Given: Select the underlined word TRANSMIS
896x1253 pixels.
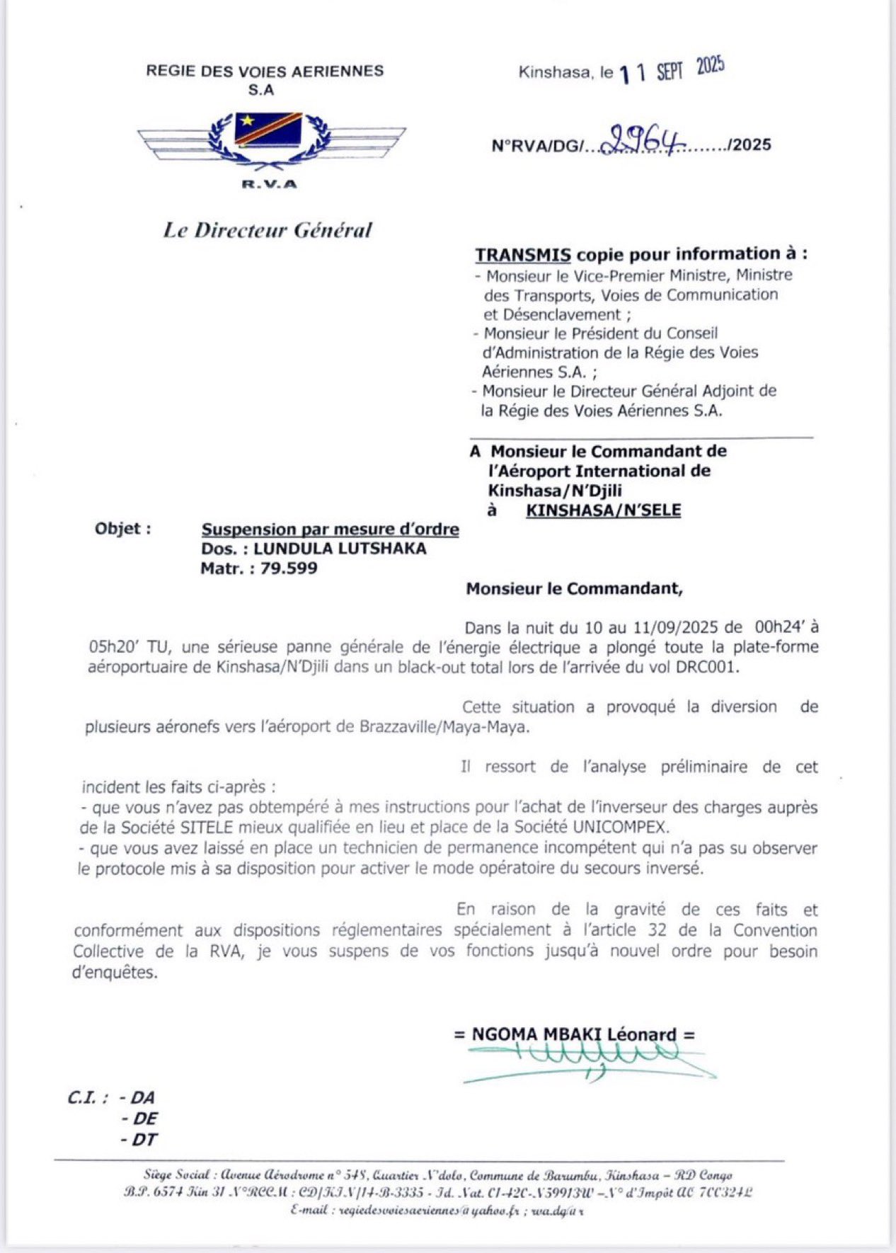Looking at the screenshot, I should pos(523,255).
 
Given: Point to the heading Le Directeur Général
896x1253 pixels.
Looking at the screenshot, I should pos(268,230).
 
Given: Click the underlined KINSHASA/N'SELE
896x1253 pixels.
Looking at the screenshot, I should pos(603,510).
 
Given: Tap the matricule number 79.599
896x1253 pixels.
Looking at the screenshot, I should pos(289,568).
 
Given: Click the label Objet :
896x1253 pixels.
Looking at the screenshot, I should pos(122,529).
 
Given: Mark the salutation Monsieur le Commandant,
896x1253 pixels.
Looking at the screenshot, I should pos(575,588).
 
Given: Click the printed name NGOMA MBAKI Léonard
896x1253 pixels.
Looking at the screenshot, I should pos(574,1034).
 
